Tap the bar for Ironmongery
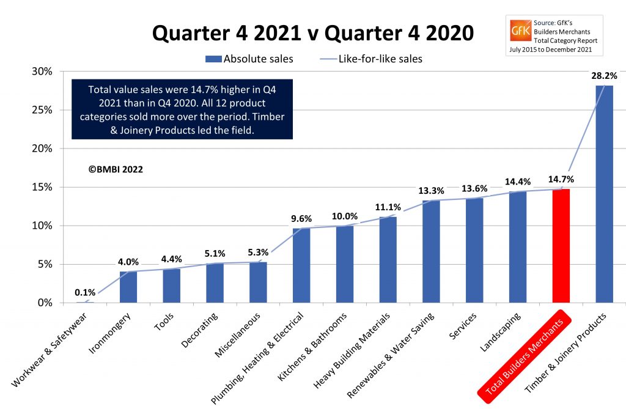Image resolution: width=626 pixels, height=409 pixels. [128, 287]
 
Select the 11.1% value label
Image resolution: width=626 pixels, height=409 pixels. [388, 207]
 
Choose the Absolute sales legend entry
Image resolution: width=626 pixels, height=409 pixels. [249, 59]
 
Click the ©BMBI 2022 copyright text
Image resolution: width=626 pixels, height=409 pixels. [116, 169]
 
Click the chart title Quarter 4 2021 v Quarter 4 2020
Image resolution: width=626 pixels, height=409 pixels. [312, 33]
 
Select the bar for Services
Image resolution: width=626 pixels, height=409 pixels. [474, 250]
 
